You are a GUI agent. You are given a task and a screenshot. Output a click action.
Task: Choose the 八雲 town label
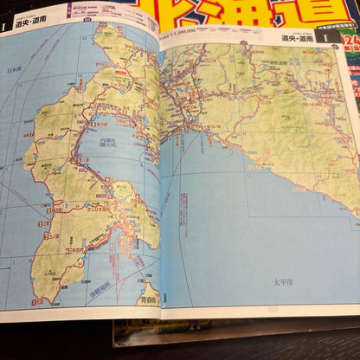point(79,158)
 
